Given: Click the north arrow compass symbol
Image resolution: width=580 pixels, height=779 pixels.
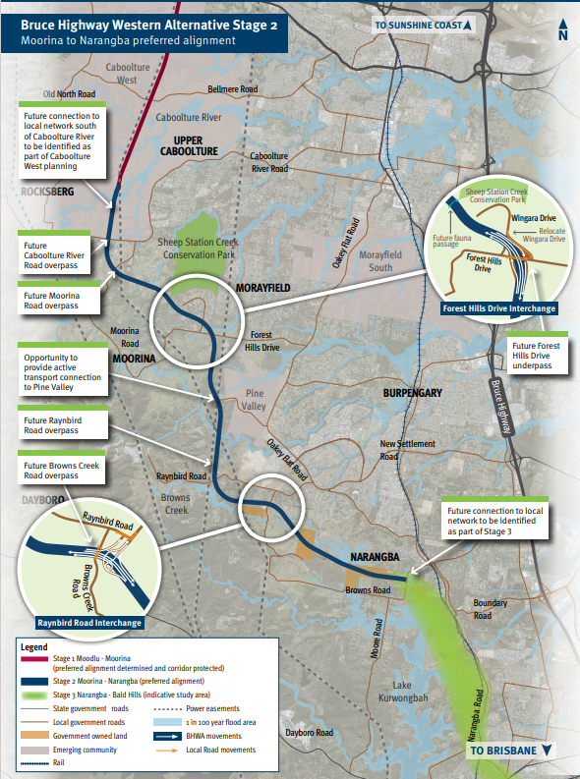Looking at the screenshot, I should (562, 29).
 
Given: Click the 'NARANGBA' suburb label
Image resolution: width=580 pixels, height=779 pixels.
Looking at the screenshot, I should (375, 557).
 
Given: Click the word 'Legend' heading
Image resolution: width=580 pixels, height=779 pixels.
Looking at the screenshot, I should (33, 647).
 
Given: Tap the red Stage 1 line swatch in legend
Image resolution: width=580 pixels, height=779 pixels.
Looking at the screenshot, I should (38, 662).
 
